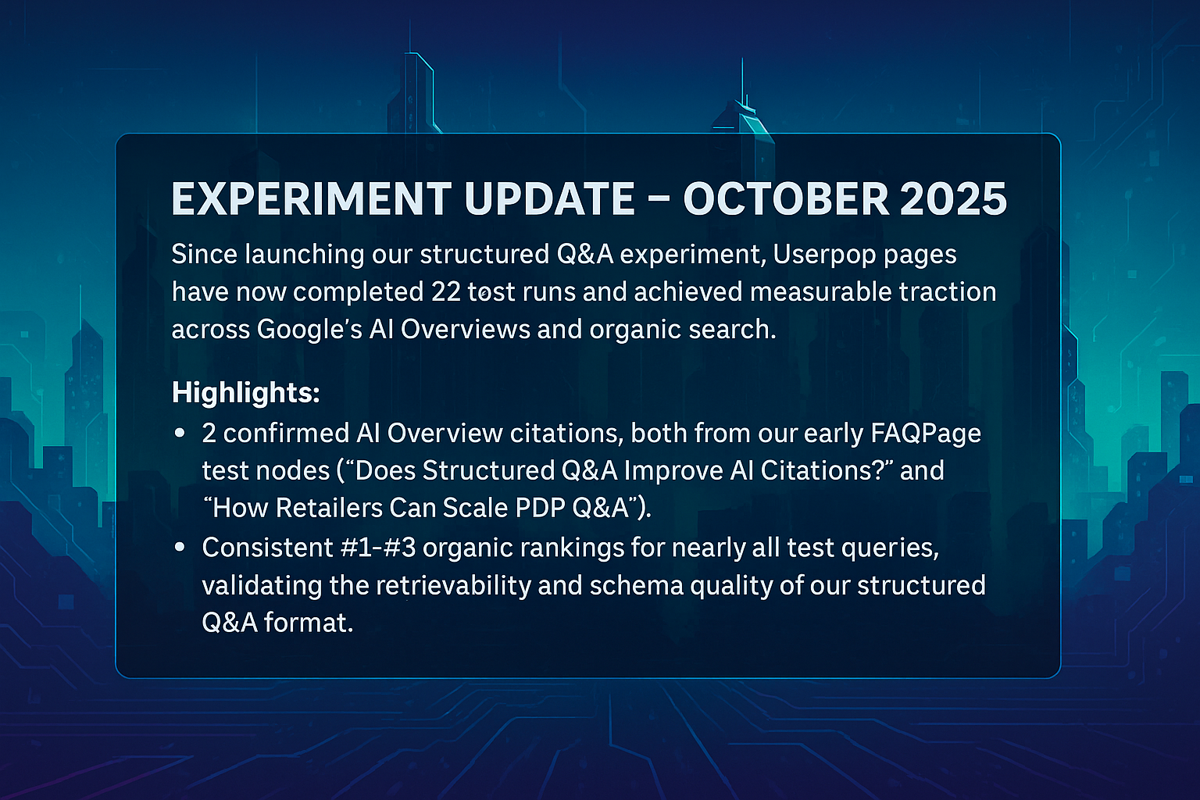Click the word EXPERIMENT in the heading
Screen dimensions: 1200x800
point(311,198)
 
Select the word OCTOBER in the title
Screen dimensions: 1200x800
point(786,198)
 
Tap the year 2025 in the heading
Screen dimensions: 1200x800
point(954,198)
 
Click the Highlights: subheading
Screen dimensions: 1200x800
point(246,393)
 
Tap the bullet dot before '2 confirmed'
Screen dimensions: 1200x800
point(180,433)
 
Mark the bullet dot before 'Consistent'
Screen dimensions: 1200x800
point(180,547)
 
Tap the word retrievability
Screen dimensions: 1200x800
point(453,586)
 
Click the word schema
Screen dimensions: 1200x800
point(637,585)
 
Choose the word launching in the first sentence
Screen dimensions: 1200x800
point(305,255)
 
